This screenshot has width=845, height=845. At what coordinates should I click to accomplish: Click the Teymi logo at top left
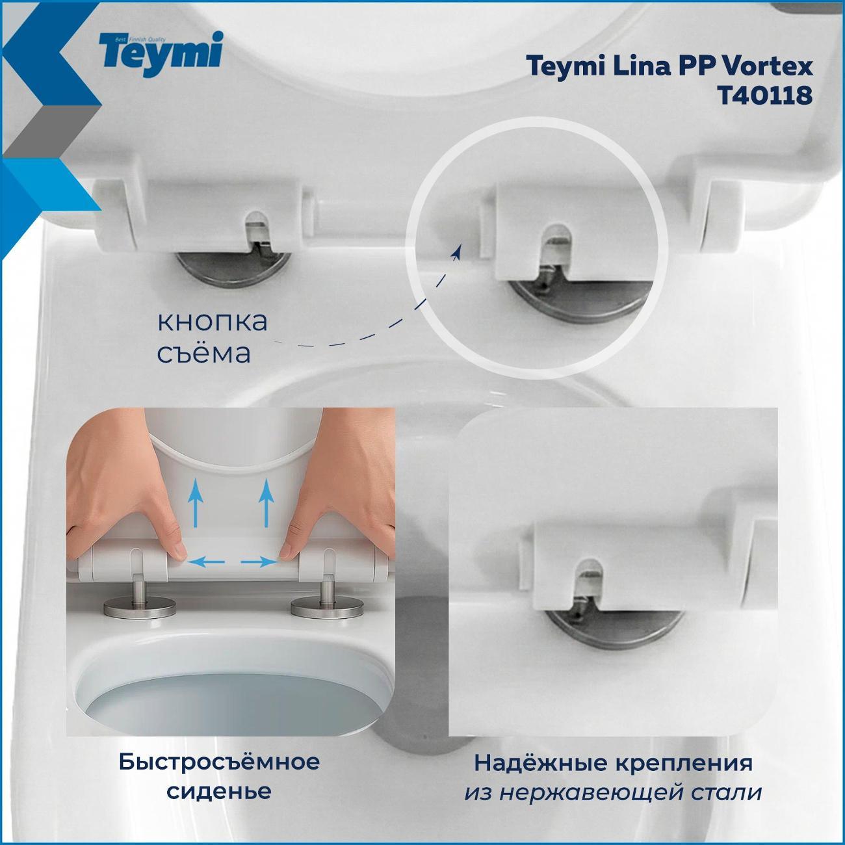160,52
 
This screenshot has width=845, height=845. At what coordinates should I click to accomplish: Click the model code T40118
764,96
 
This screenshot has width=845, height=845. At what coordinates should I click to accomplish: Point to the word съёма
203,354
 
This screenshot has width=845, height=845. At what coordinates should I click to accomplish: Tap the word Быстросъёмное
219,761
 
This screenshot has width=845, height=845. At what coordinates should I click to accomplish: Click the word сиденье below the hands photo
219,791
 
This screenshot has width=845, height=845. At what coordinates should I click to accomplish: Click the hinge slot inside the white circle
554,247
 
